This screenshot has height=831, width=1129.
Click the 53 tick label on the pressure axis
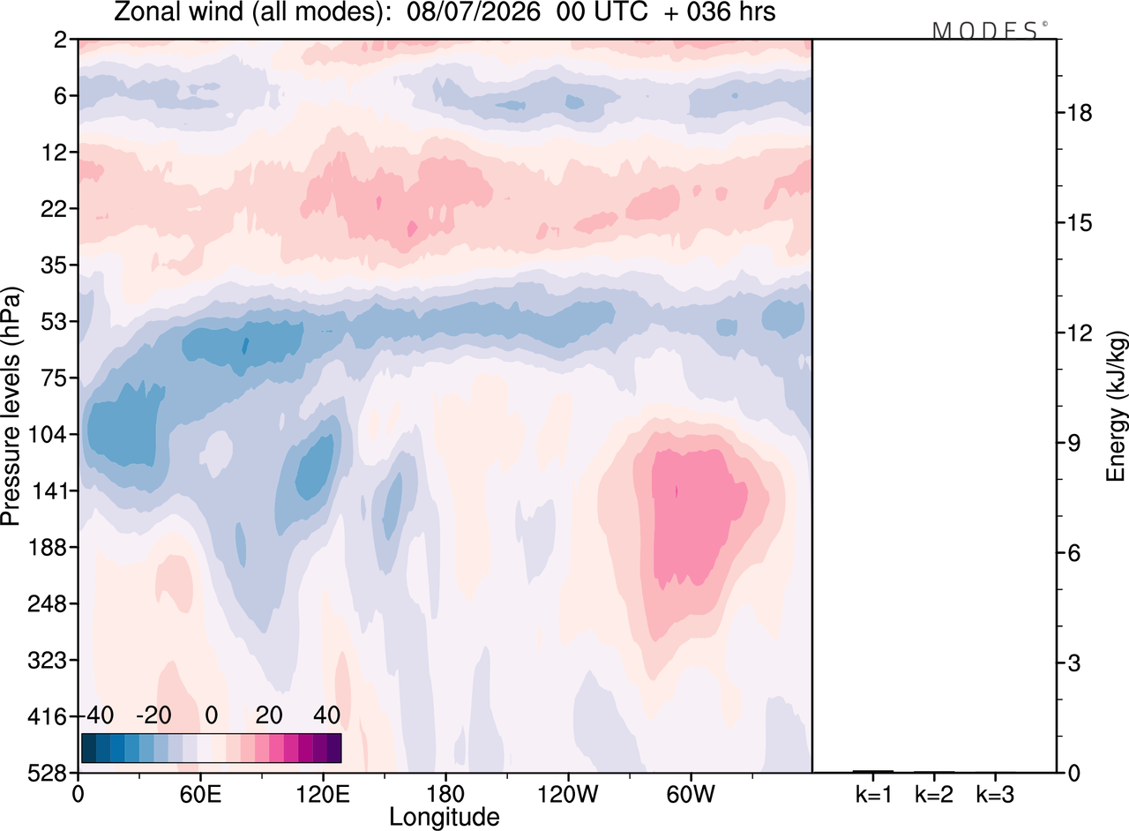click(54, 322)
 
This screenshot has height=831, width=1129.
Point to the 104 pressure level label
click(48, 434)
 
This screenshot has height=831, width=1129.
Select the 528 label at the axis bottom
click(48, 773)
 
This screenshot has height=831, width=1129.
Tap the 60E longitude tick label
click(200, 795)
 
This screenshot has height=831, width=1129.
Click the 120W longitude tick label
click(568, 795)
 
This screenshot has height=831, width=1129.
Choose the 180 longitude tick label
click(445, 795)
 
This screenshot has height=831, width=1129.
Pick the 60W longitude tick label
click(691, 795)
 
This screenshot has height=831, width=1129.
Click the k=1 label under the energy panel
click(874, 795)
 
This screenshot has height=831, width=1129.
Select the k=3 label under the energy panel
click(995, 795)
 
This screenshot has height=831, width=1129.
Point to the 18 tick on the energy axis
click(1080, 112)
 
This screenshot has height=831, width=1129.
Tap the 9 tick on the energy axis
click(1073, 443)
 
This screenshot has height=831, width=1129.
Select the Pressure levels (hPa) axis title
click(11, 407)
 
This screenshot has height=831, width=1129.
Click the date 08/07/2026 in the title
click(474, 12)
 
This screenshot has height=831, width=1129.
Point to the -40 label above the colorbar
click(100, 715)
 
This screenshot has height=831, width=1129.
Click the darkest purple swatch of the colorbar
click(334, 748)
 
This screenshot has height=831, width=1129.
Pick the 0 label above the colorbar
click(212, 715)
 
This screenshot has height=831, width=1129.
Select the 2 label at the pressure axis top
click(61, 40)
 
